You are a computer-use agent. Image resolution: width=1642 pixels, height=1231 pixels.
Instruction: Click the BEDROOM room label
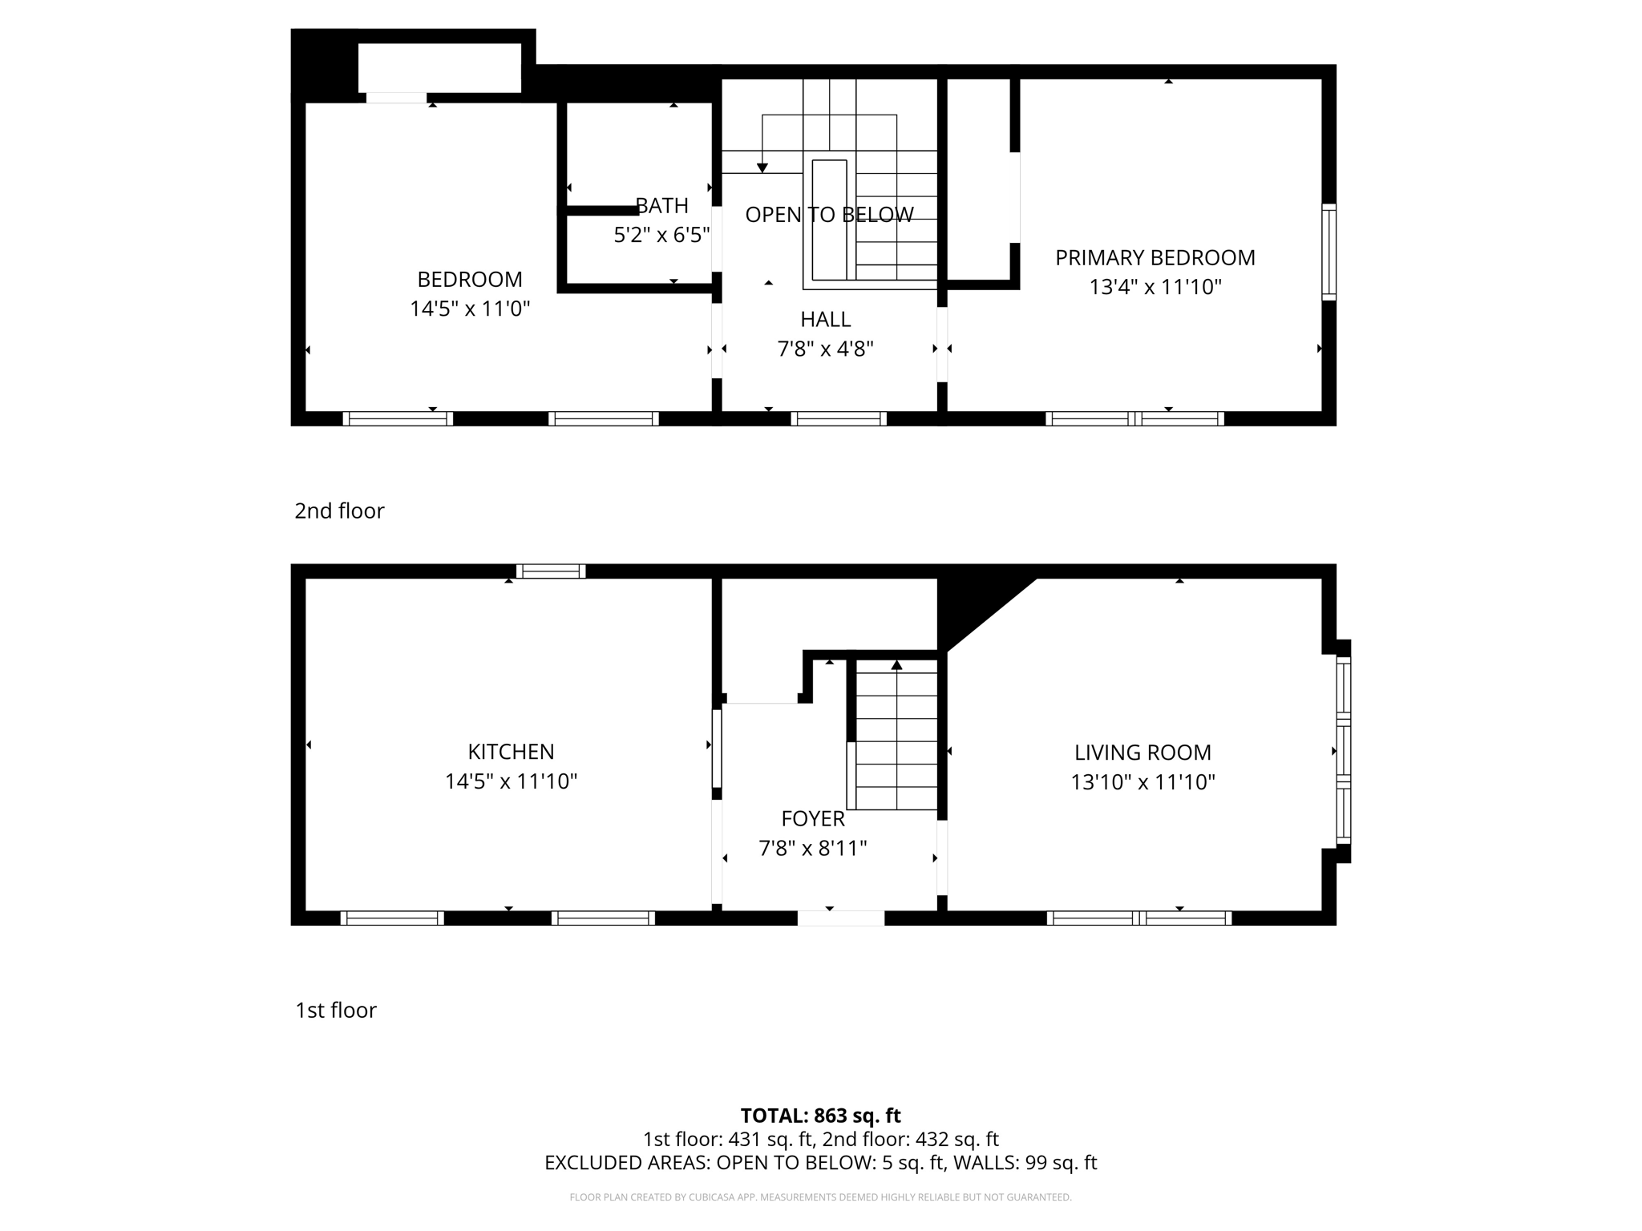(470, 280)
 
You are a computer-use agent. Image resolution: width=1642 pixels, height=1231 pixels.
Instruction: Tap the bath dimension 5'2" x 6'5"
(662, 235)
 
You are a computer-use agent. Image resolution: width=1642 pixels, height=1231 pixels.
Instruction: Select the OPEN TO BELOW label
(829, 215)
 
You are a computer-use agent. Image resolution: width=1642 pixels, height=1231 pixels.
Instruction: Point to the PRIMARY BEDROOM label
(1155, 258)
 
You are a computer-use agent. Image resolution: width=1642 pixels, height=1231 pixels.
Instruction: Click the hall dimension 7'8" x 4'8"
(825, 349)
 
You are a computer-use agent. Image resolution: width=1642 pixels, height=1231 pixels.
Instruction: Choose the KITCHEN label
(511, 752)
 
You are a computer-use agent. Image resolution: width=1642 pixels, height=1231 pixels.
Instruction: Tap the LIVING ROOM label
(1143, 753)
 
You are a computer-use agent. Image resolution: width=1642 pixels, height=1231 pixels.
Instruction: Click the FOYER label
(813, 819)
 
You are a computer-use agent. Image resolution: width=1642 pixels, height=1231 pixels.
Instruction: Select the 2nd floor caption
(339, 511)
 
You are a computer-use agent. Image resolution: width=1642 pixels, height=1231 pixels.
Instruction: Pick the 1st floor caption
(336, 1010)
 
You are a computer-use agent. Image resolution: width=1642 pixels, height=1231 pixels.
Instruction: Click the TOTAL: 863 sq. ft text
(820, 1116)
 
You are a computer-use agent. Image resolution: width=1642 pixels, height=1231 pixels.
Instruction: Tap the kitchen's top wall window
(551, 571)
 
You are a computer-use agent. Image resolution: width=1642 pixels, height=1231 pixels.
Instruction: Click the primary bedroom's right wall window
(1329, 252)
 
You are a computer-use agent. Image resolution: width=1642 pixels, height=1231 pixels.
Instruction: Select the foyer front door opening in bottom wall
(840, 918)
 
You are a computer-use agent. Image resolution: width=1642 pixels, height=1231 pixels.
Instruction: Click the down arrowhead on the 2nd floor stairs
(762, 167)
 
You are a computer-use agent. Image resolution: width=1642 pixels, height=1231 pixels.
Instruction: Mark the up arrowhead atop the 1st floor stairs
(896, 664)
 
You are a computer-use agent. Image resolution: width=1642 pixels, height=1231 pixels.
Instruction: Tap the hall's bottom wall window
(839, 418)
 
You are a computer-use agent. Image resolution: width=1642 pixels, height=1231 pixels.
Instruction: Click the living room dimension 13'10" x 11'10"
(1143, 782)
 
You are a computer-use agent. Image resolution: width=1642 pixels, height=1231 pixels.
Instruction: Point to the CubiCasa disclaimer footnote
(820, 1197)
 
